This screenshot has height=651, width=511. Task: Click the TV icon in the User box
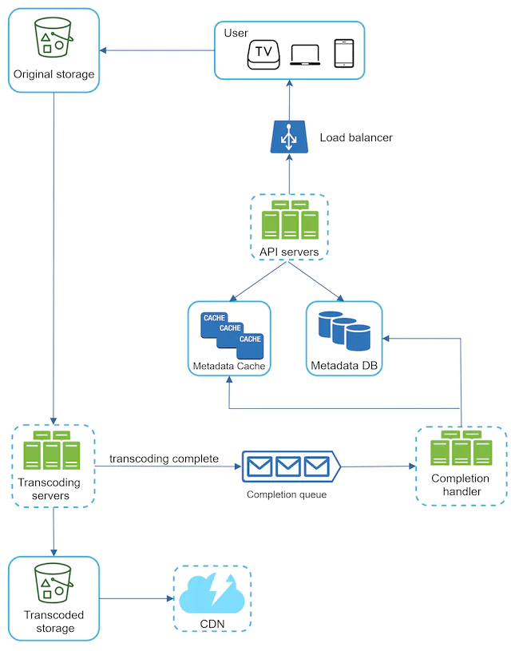tap(263, 54)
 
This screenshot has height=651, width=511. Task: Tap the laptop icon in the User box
tap(305, 55)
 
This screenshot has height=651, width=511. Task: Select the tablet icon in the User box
tap(344, 54)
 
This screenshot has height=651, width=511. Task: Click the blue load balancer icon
tap(289, 137)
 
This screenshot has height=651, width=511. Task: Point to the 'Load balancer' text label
tap(356, 137)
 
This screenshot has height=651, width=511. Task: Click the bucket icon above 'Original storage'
tap(53, 37)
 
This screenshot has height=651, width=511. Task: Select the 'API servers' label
tap(289, 252)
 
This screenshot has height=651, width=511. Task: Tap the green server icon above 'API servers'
tap(290, 220)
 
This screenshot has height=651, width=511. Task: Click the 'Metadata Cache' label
tap(229, 366)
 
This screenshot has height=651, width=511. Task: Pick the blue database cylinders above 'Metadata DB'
tap(344, 331)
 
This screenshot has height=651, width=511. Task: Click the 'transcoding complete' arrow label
tap(164, 458)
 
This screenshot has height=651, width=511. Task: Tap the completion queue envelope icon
tap(291, 466)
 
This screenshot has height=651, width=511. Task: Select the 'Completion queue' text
tap(287, 494)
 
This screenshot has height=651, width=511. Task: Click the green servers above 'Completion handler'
tap(461, 447)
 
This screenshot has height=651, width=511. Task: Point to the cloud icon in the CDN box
tap(212, 593)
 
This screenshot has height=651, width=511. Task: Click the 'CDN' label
tap(212, 624)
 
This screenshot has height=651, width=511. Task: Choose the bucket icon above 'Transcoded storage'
tap(53, 583)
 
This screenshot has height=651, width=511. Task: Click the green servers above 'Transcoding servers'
tap(52, 450)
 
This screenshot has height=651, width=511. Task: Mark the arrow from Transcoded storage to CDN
tap(137, 598)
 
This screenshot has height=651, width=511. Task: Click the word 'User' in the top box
tap(236, 34)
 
